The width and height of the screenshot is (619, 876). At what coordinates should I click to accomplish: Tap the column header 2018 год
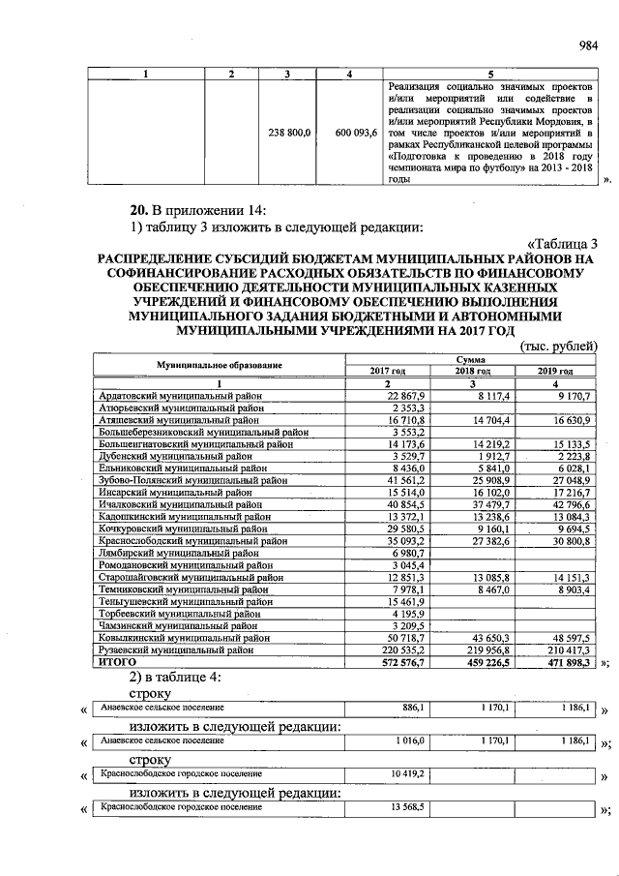(476, 371)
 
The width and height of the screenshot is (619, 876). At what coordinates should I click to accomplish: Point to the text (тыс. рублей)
(559, 347)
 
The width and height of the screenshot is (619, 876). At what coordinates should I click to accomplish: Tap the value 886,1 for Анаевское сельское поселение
(413, 709)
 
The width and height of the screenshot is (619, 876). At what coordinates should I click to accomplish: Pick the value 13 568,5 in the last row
(410, 806)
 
